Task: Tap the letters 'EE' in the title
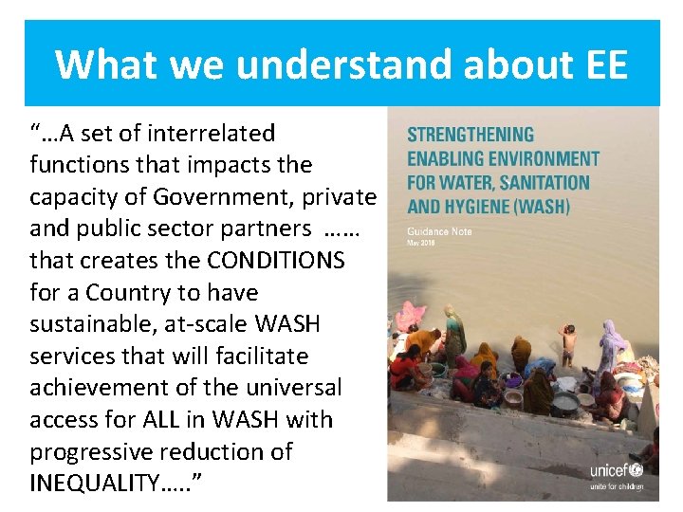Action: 601,65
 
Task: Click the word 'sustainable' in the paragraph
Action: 96,324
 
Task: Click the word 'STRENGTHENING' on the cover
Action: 471,135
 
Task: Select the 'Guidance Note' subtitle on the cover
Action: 439,230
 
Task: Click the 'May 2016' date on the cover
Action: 422,243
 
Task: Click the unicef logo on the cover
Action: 616,470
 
